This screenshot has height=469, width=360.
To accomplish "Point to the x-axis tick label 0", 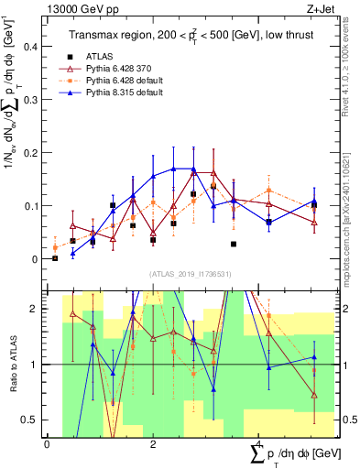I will (47, 444).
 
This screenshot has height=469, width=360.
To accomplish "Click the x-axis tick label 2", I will (152, 444).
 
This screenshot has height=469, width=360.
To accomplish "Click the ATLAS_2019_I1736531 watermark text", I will (189, 273).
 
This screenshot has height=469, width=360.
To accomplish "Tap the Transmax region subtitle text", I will (190, 35).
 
